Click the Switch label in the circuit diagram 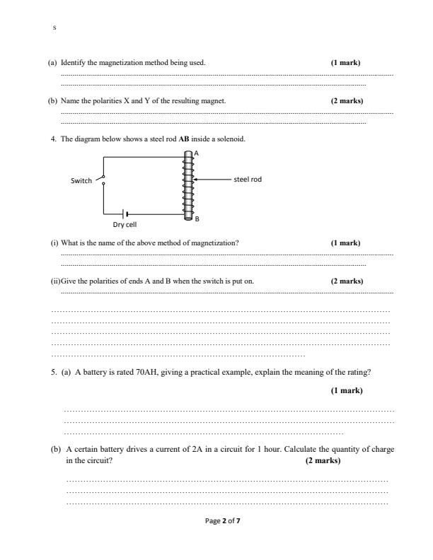pyautogui.click(x=81, y=180)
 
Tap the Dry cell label pyautogui.click(x=125, y=225)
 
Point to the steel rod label pyautogui.click(x=248, y=179)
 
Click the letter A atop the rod pyautogui.click(x=196, y=153)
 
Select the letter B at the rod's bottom pyautogui.click(x=197, y=219)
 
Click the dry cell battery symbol pyautogui.click(x=125, y=213)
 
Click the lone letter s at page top pyautogui.click(x=54, y=28)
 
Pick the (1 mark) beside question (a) pyautogui.click(x=345, y=63)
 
